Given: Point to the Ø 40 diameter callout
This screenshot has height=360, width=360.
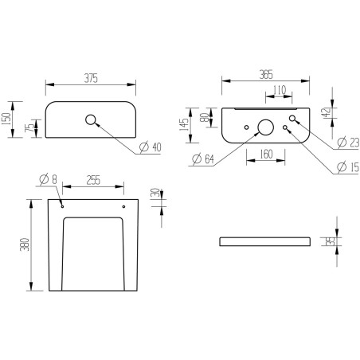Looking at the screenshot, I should pos(151,147).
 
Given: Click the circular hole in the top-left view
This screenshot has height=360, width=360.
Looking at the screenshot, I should pos(90,121).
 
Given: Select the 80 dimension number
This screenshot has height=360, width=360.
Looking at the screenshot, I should pos(205,118).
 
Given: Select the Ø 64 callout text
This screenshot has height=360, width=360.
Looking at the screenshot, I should pos(204,160).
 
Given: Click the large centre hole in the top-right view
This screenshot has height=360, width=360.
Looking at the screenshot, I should pos(265,127).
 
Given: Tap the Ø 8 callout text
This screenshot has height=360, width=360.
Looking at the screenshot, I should pos(50,180).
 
